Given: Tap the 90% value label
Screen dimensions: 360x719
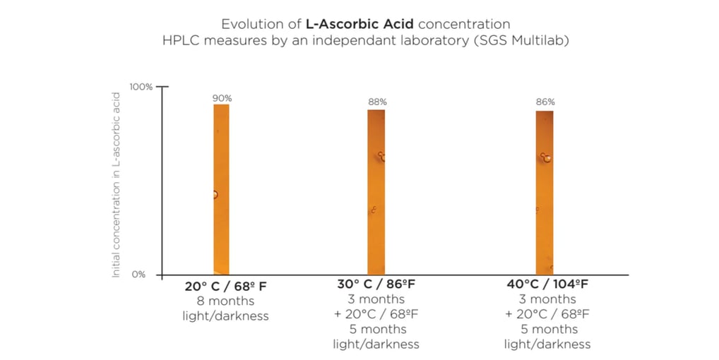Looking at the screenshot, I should [x=222, y=98].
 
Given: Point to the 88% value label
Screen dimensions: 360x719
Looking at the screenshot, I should [x=376, y=102].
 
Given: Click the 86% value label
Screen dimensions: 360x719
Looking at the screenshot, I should [x=545, y=102].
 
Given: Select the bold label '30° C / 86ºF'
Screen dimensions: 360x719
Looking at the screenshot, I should [x=376, y=284].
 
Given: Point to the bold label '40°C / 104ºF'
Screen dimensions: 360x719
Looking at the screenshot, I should [x=547, y=284].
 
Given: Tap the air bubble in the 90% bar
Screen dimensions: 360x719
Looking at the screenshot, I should [x=215, y=194].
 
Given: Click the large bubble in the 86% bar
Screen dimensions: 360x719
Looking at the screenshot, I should [x=546, y=158].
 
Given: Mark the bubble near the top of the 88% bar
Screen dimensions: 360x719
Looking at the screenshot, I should [x=381, y=156].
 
